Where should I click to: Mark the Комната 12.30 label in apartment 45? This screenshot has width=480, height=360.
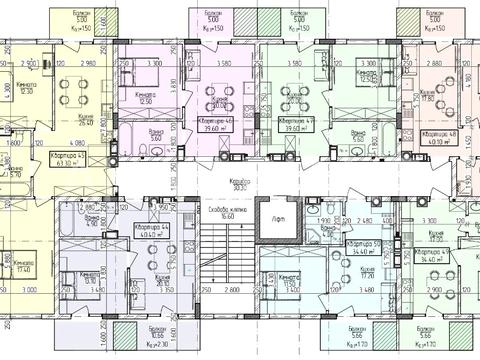pos(28,89)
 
